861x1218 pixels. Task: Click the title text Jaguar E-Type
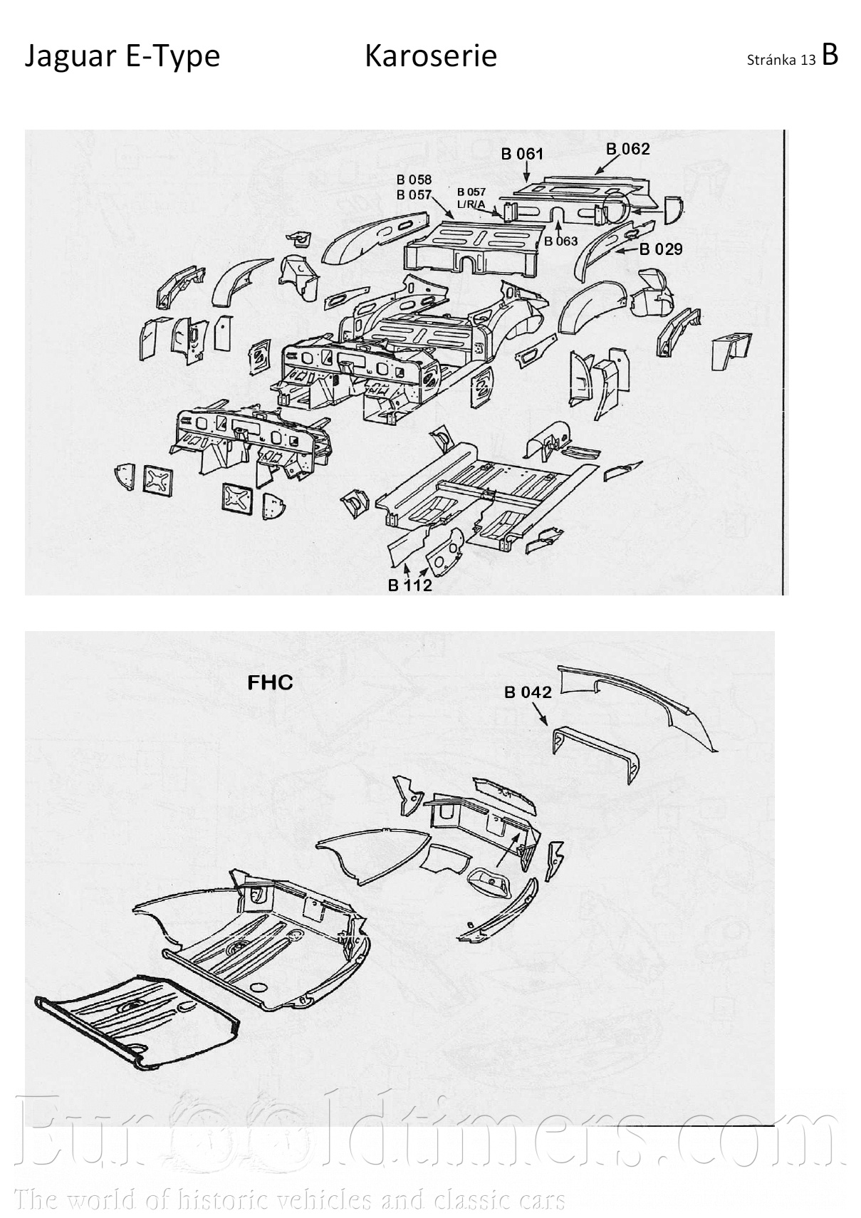coord(122,56)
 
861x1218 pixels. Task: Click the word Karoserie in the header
coord(430,56)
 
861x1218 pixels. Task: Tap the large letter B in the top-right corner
coord(830,54)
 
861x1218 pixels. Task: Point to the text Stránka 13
coord(781,61)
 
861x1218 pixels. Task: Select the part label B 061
coord(522,153)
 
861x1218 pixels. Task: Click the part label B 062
coord(627,149)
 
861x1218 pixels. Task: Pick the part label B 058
coord(414,179)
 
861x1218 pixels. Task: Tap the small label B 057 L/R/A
coord(471,198)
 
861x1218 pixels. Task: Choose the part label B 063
coord(560,241)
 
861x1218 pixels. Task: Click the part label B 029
coord(660,249)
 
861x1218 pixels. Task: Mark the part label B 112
coord(410,585)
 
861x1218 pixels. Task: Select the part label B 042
coord(528,692)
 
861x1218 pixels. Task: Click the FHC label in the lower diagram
coord(270,682)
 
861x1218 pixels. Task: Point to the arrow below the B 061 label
coord(526,172)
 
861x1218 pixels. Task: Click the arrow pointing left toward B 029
coord(625,251)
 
